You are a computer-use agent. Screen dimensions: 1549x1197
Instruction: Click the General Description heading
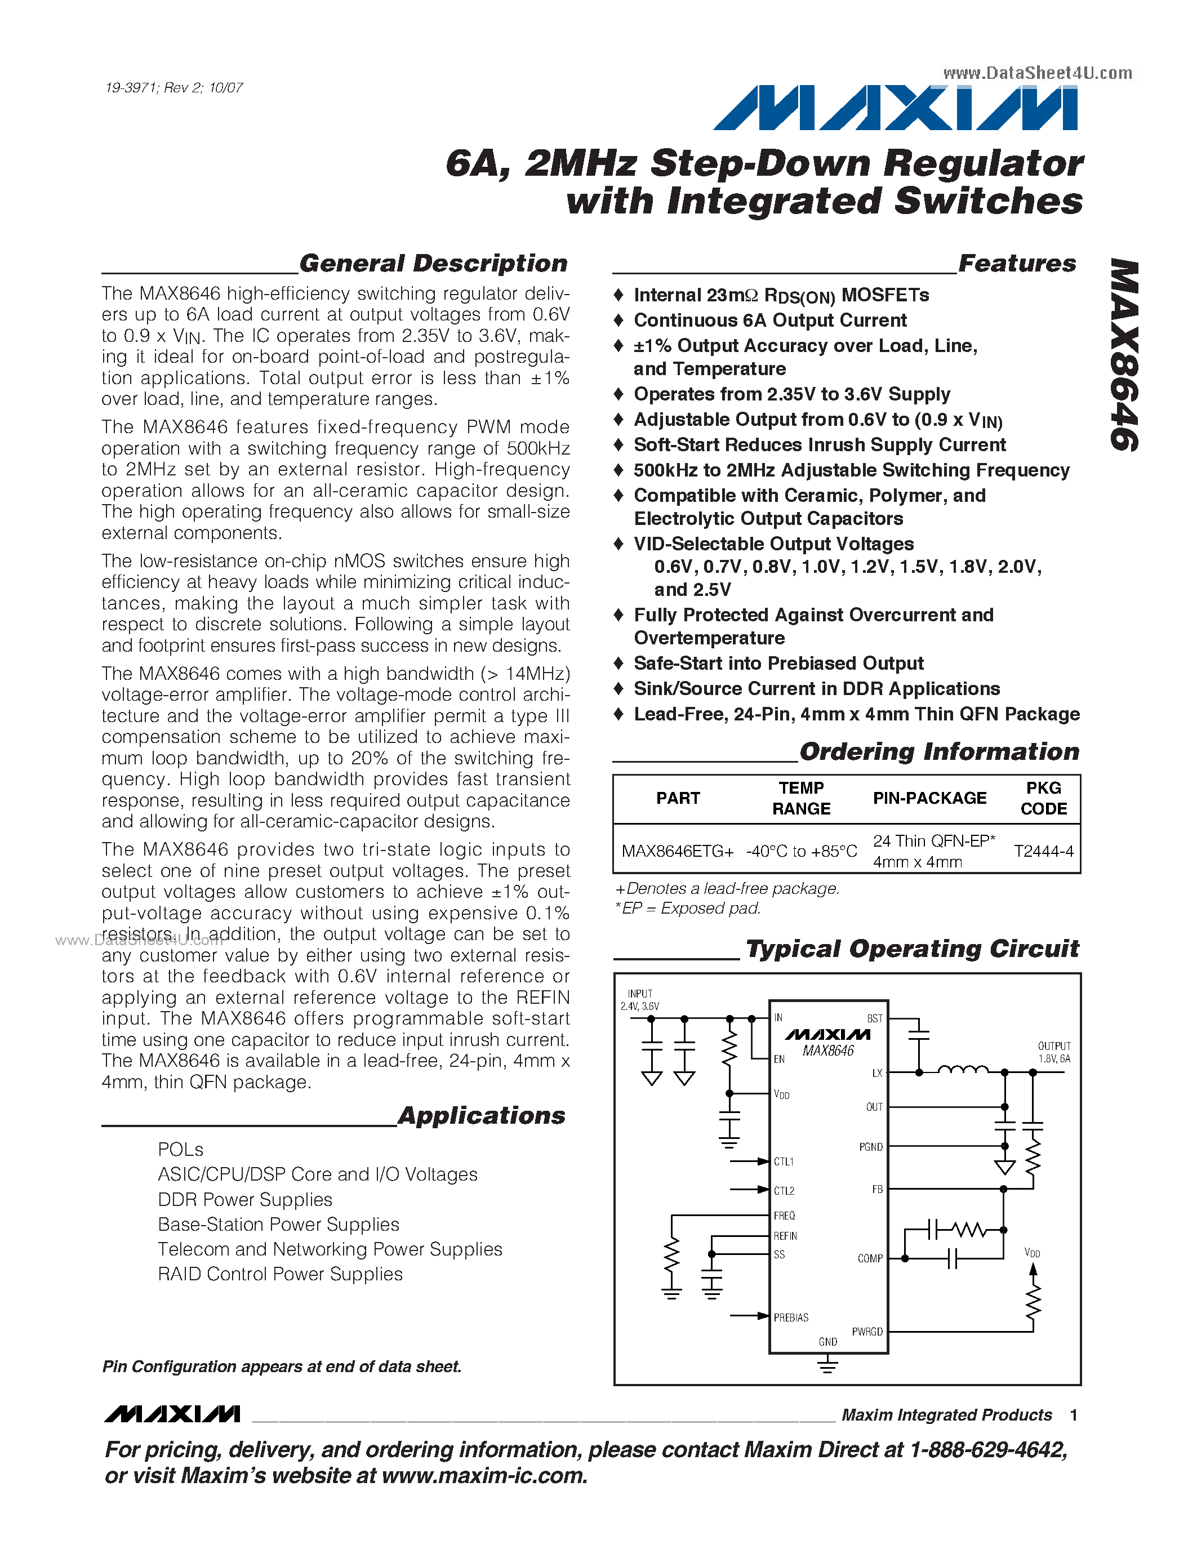click(x=433, y=263)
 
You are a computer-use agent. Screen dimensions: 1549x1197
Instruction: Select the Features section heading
click(x=1016, y=263)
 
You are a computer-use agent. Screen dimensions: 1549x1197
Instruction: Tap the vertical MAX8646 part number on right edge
click(x=1123, y=355)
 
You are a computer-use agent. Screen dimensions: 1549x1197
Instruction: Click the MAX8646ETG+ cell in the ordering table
click(x=677, y=851)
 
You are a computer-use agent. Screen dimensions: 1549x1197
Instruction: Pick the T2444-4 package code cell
click(x=1043, y=851)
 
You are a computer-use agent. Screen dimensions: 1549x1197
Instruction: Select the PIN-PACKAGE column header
click(x=929, y=798)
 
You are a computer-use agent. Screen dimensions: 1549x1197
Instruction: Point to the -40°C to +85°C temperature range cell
click(x=802, y=851)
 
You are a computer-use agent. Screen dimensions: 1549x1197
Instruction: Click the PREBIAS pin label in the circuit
click(x=791, y=1318)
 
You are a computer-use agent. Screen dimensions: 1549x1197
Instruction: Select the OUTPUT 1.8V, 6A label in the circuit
click(x=1054, y=1053)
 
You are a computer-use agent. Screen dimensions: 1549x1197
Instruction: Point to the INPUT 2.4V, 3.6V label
click(x=640, y=1000)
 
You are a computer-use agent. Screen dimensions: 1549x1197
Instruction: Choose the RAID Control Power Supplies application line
click(x=280, y=1275)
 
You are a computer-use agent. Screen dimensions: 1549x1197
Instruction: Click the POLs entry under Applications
click(x=180, y=1150)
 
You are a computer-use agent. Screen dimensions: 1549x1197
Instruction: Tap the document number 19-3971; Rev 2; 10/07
click(x=173, y=88)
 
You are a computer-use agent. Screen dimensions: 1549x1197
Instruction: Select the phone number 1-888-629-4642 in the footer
click(x=988, y=1450)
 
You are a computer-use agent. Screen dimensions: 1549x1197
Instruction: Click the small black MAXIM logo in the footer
click(x=172, y=1414)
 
